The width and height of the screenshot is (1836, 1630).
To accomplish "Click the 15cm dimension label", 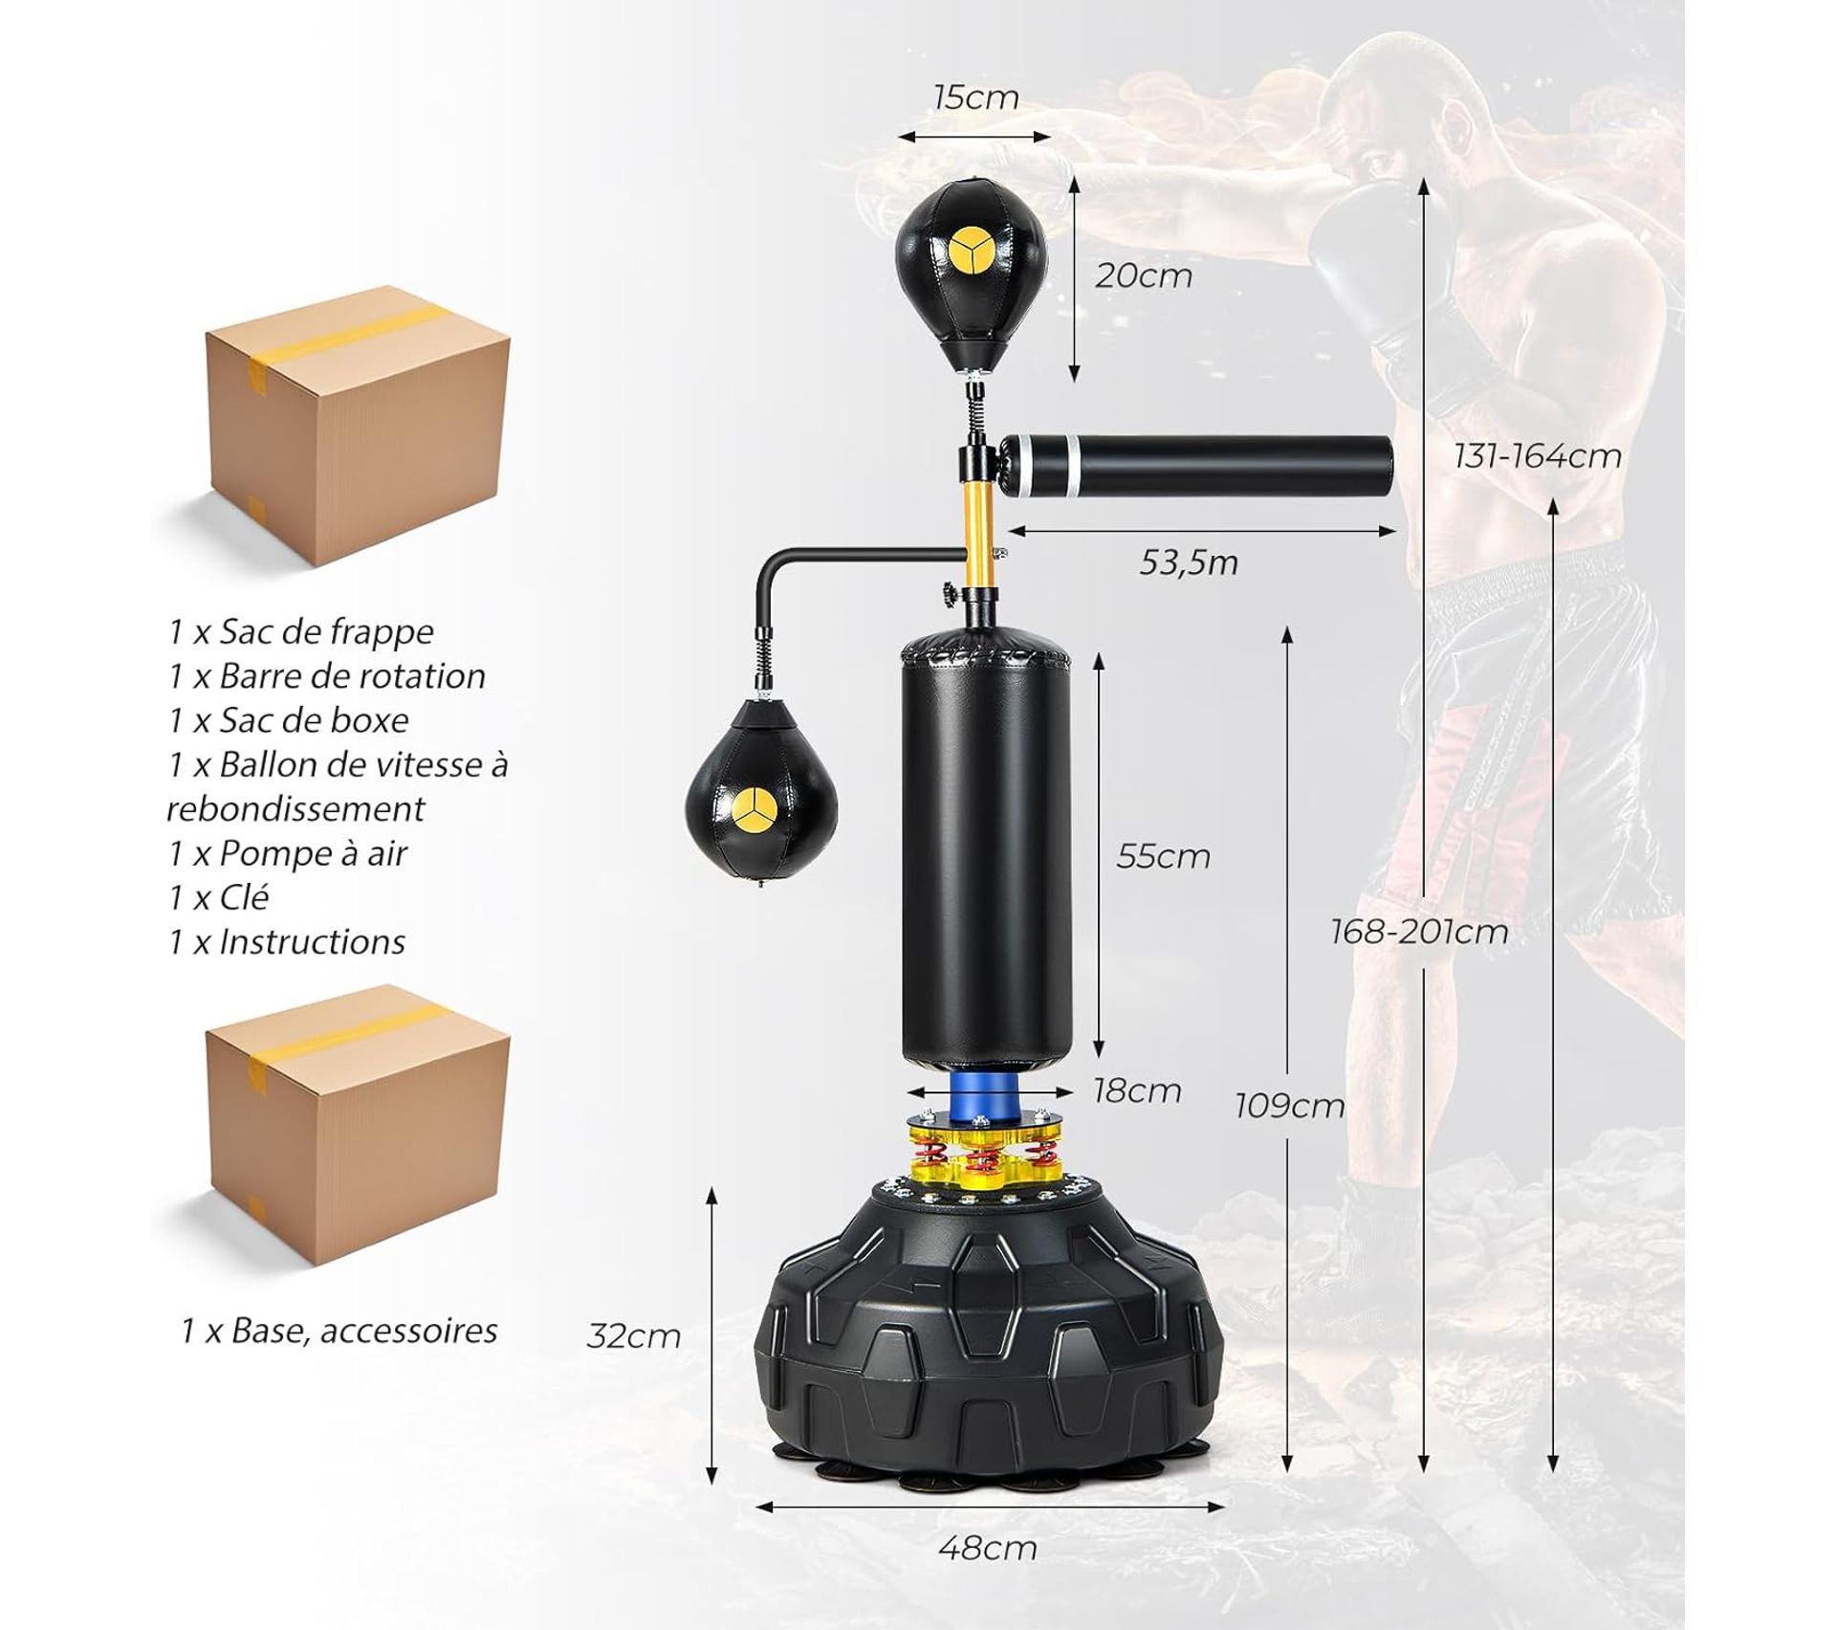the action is click(x=975, y=98).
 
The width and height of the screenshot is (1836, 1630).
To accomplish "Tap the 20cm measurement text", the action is click(x=1144, y=275).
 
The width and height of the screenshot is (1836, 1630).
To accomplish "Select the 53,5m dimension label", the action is click(x=1188, y=562).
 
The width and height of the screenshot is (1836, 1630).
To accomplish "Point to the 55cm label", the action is click(x=1163, y=855).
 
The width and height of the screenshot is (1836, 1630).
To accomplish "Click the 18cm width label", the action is click(x=1137, y=1090).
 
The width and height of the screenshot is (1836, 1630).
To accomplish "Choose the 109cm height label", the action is click(x=1289, y=1106).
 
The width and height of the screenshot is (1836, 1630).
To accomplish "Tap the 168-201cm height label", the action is click(x=1419, y=932).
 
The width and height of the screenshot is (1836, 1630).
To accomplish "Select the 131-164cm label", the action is click(x=1538, y=455).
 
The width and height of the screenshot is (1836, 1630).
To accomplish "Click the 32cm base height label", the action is click(x=633, y=1335).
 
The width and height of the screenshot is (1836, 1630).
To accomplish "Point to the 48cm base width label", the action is click(x=987, y=1548).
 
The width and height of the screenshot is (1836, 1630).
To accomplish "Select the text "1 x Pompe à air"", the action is click(x=288, y=853).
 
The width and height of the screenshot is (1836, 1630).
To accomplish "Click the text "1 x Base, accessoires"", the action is click(x=339, y=1331).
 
